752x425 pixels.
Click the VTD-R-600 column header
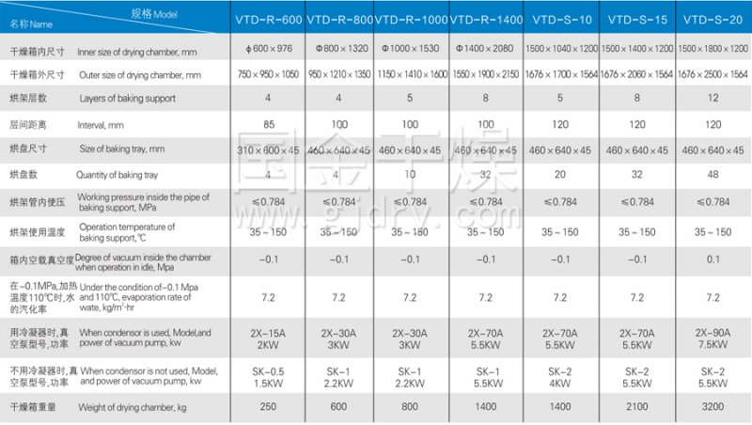coord(269,19)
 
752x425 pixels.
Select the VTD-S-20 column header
coord(713,19)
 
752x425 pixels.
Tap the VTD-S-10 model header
coord(561,19)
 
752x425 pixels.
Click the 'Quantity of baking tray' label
coord(126,174)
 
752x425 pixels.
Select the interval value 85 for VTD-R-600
coord(269,124)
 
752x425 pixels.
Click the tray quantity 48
coord(713,175)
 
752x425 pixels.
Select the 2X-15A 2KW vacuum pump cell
coord(269,338)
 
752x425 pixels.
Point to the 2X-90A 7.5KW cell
coord(713,338)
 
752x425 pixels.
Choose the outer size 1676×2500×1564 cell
coord(713,73)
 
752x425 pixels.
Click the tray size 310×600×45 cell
coord(269,150)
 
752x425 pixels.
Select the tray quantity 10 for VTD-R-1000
coord(411,175)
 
